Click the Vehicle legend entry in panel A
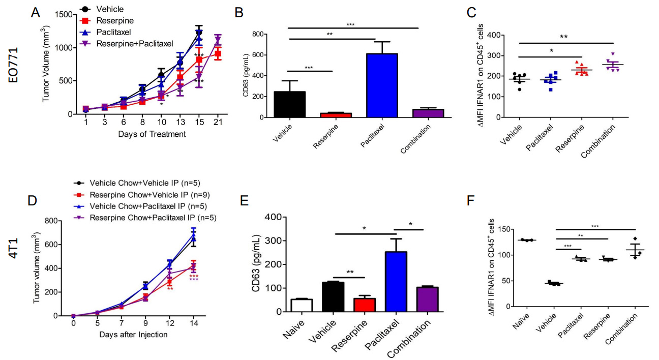click(x=110, y=9)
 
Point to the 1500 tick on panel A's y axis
click(x=65, y=15)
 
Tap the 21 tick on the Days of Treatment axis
click(x=218, y=124)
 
